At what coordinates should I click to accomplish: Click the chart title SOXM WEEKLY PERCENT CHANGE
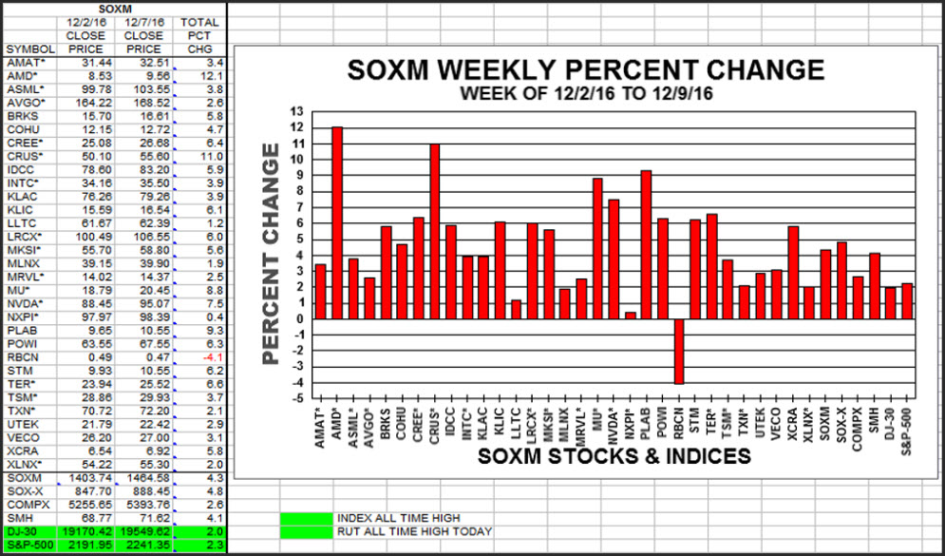point(585,70)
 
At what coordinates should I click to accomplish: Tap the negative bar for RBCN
point(678,351)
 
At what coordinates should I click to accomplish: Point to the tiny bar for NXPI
point(630,316)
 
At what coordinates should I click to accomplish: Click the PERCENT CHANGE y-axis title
point(273,254)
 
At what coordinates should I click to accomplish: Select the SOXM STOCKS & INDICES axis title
point(614,456)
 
